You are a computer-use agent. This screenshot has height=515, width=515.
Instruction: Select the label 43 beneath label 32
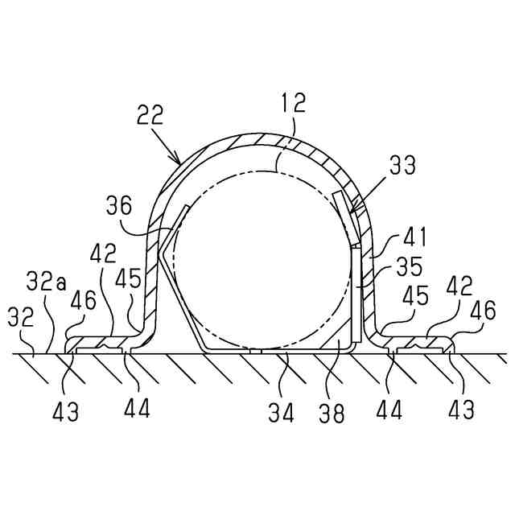pyautogui.click(x=67, y=412)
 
